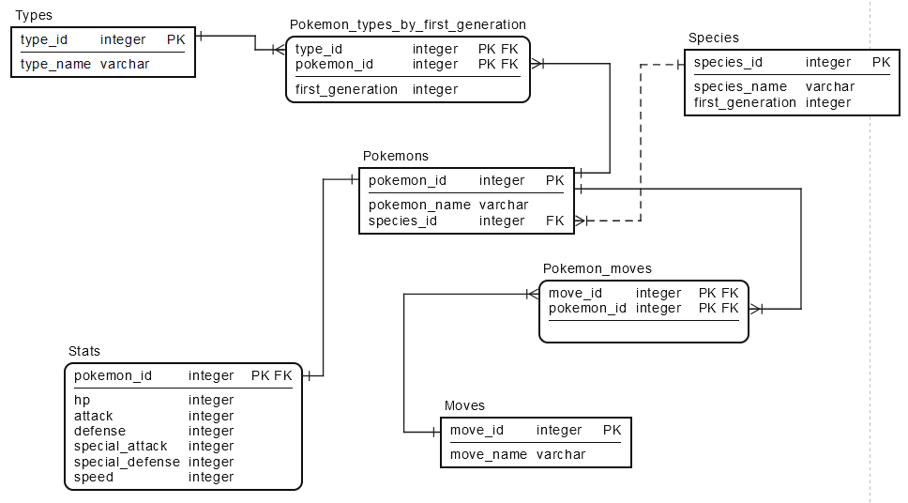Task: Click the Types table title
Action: (x=34, y=15)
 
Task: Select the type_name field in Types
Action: (x=56, y=64)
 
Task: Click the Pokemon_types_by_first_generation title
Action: (x=407, y=24)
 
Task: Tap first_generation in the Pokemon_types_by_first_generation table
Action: (x=346, y=89)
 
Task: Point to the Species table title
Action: (x=713, y=38)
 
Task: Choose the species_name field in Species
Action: (x=740, y=86)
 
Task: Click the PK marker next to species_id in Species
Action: (x=880, y=62)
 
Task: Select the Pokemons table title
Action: (x=395, y=156)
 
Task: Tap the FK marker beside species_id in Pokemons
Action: (x=554, y=221)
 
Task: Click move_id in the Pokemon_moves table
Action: (x=575, y=293)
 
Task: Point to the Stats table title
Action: (x=84, y=351)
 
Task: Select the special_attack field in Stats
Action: (x=120, y=446)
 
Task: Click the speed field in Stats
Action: (x=93, y=477)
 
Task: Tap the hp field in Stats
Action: (x=82, y=400)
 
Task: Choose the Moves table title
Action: (x=464, y=405)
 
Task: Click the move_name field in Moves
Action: (x=489, y=454)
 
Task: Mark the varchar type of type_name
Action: (x=125, y=64)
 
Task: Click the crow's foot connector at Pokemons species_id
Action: (x=580, y=221)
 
